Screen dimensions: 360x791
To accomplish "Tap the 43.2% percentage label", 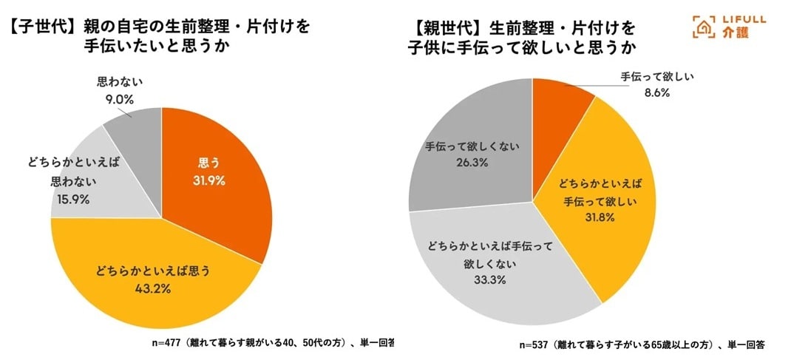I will [154, 289].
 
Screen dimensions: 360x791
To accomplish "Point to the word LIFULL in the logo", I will [740, 20].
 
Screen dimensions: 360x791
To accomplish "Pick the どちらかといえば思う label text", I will [154, 271].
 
